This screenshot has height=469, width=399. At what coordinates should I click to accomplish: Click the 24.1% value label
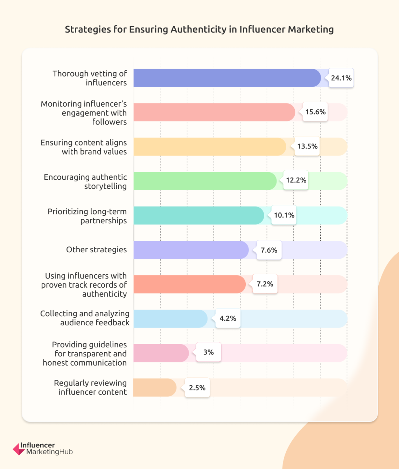pos(341,78)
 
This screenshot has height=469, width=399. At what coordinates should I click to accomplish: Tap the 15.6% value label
pos(315,112)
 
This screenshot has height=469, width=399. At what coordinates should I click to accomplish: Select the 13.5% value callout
pos(307,146)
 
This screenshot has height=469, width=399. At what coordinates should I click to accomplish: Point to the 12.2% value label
pos(296,180)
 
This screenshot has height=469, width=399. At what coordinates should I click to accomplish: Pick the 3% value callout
pos(209,352)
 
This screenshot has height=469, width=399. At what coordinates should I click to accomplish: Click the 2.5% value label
pos(197,388)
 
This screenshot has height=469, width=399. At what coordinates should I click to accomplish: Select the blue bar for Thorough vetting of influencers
pos(227,78)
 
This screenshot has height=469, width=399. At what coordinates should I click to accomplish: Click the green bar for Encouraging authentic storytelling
pos(205,181)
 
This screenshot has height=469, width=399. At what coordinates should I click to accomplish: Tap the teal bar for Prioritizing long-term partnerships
pos(198,215)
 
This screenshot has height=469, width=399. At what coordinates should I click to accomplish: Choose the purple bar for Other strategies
pos(191,250)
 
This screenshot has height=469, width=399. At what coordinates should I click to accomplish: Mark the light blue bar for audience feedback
pos(170,319)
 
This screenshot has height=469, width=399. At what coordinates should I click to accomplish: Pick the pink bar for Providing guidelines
pos(161,353)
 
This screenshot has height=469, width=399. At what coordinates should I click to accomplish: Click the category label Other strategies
pos(96,250)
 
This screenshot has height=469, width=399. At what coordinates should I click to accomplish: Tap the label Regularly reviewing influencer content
pos(90,388)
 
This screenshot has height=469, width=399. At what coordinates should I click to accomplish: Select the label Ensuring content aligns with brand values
pos(84,147)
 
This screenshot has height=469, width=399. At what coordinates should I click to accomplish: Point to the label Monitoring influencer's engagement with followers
pos(84,113)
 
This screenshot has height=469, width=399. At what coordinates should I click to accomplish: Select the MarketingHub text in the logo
pos(49,452)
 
